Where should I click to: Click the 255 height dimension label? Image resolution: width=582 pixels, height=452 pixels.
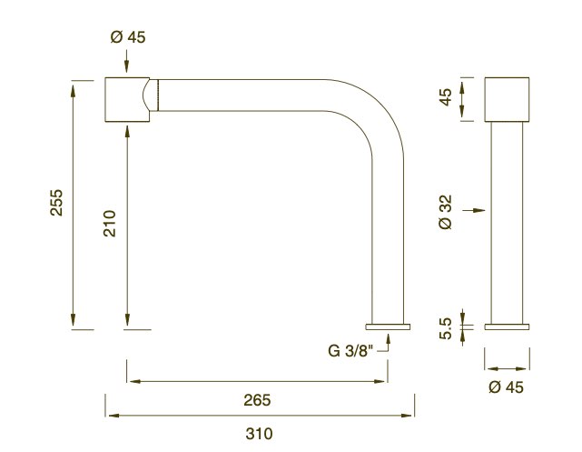[57, 203]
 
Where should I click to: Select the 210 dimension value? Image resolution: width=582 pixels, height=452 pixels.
[110, 224]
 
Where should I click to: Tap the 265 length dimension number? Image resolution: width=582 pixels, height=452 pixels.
[257, 400]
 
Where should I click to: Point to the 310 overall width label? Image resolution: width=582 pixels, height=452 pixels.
[259, 434]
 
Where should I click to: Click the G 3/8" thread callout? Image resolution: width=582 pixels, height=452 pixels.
[350, 350]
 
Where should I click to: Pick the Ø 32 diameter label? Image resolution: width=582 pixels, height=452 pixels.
[446, 212]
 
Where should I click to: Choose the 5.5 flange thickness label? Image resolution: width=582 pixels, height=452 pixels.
[446, 328]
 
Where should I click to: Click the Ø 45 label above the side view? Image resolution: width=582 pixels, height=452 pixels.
[128, 36]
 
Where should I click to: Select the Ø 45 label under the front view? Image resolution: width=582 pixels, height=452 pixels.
[507, 387]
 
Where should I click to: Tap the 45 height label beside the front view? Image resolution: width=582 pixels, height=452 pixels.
[446, 97]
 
